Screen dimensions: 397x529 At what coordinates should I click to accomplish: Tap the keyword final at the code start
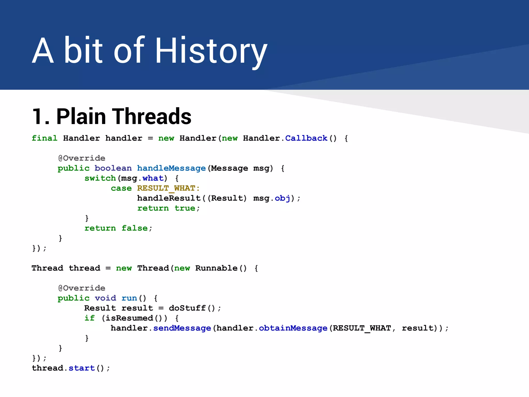click(x=44, y=138)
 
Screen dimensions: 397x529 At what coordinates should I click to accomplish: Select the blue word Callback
click(x=306, y=138)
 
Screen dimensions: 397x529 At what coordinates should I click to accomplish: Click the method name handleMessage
click(x=171, y=168)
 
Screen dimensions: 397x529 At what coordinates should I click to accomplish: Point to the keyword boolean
click(x=113, y=168)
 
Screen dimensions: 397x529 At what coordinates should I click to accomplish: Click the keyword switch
click(x=100, y=178)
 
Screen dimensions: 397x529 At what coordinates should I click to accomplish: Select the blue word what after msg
click(x=153, y=178)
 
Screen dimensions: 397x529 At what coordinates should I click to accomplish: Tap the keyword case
click(x=121, y=188)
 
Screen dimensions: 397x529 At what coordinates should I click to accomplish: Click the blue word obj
click(x=282, y=198)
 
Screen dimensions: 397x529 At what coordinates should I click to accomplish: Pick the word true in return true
click(x=185, y=208)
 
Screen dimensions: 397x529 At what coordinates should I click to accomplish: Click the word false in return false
click(x=135, y=228)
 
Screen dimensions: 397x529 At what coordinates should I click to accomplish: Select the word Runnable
click(x=216, y=268)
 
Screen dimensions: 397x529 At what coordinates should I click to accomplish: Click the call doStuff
click(x=187, y=308)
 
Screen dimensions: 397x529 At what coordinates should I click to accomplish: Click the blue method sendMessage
click(x=182, y=328)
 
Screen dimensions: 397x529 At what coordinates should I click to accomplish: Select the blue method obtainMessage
click(x=293, y=328)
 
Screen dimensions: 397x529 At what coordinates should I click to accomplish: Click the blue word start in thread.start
click(x=82, y=368)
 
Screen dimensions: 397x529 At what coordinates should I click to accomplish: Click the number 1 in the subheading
click(x=37, y=117)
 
